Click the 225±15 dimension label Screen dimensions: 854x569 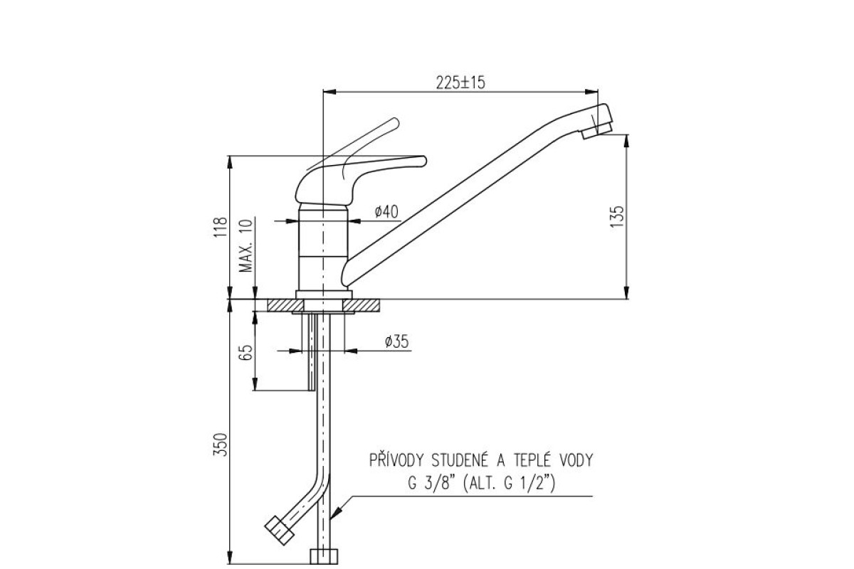click(460, 83)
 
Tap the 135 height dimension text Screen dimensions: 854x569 click(617, 216)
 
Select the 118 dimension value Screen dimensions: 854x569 click(221, 227)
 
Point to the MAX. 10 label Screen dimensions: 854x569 click(246, 245)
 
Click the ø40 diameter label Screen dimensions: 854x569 click(386, 211)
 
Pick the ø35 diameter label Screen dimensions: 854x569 click(396, 341)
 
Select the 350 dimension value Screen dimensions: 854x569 click(221, 445)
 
